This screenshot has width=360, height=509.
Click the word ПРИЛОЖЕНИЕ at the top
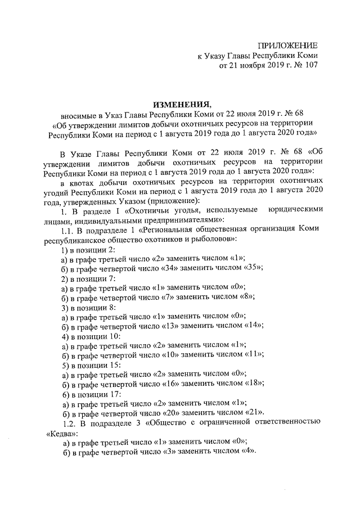tap(288, 45)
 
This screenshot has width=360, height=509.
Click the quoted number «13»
tap(154, 325)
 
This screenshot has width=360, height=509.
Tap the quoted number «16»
tap(154, 382)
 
